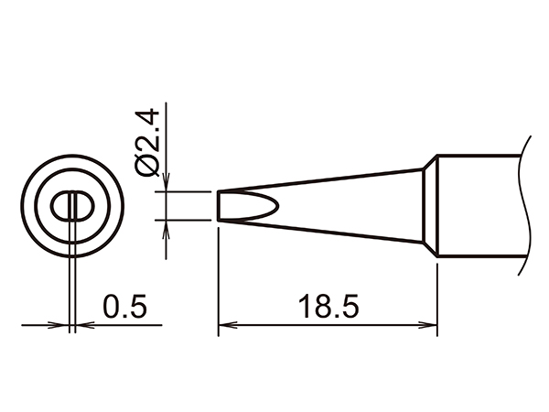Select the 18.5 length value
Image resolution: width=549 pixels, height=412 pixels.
click(328, 305)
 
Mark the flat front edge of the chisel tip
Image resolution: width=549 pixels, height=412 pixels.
click(219, 205)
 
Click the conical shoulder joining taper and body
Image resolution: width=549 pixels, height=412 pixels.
click(429, 205)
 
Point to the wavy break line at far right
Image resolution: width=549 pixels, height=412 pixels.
click(525, 205)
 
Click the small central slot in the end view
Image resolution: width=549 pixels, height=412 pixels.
click(70, 205)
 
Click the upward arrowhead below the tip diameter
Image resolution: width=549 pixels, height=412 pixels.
click(165, 226)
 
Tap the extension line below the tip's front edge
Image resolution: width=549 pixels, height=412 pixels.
click(219, 275)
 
